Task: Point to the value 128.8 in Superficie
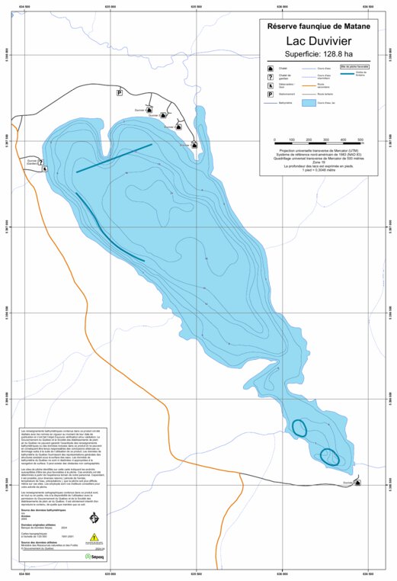coord(334,55)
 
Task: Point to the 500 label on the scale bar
coord(362,140)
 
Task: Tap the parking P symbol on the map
coord(119,92)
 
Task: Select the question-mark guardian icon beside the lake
coord(45,169)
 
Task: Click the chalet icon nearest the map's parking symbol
coord(149,109)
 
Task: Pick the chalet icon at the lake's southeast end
coord(358,482)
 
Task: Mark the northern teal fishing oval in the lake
coord(299,429)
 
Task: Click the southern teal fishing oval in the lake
coord(330,457)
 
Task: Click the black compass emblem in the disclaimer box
coord(94,519)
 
